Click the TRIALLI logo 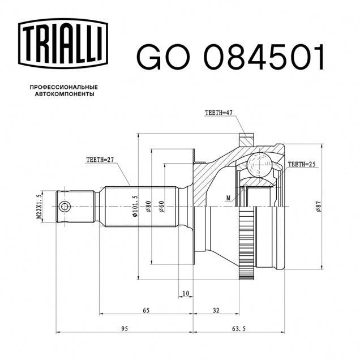63,44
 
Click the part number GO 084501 230,57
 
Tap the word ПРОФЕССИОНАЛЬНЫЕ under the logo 64,87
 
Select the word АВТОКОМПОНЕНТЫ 65,94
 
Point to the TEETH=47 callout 219,113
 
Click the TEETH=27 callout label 100,160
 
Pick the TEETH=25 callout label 302,164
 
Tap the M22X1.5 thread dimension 39,207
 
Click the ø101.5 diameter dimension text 135,207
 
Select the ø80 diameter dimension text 148,207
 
